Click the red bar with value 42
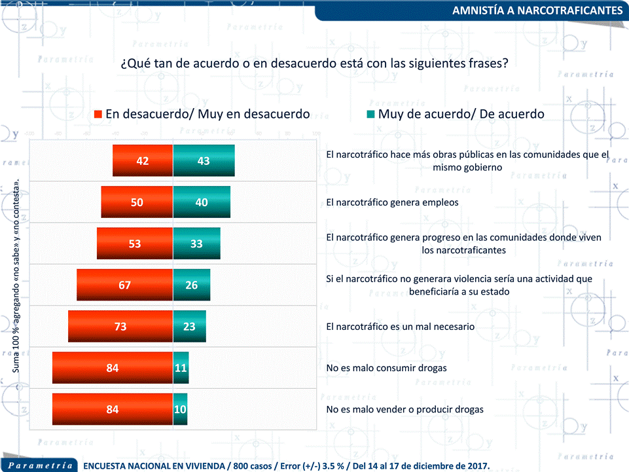(x=143, y=161)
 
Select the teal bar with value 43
(x=204, y=161)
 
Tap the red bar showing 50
(x=137, y=202)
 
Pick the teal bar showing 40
(x=202, y=202)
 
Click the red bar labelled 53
(x=135, y=244)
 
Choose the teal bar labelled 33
(x=196, y=244)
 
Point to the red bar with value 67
(x=124, y=285)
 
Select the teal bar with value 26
(x=192, y=285)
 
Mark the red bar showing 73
(x=120, y=326)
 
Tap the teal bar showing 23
(x=190, y=326)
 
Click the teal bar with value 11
(x=181, y=368)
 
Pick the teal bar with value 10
(x=180, y=409)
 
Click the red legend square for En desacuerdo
(x=98, y=114)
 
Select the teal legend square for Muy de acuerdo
(x=370, y=114)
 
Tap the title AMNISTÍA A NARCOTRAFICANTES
(x=537, y=11)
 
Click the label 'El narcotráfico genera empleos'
(x=392, y=202)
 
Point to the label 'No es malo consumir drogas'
(x=386, y=368)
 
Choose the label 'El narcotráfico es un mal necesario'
(x=400, y=326)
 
